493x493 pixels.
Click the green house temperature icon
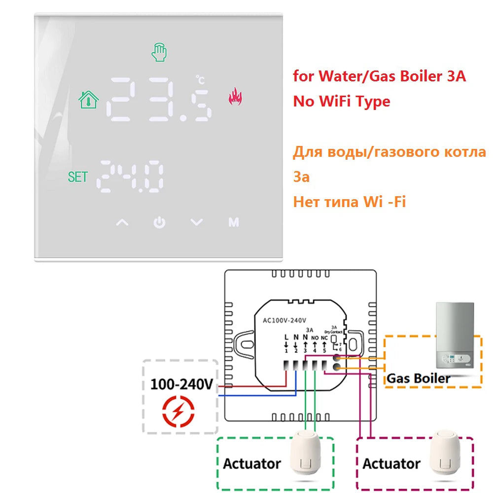pos(89,99)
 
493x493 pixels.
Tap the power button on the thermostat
pos(159,223)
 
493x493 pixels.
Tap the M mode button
pos(234,223)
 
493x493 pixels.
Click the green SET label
pos(77,177)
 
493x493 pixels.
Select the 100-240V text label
pos(181,384)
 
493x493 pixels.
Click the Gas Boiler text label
pos(419,379)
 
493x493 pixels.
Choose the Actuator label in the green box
pos(251,464)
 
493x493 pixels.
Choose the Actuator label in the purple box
pos(391,464)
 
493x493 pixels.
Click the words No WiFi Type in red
pos(342,102)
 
